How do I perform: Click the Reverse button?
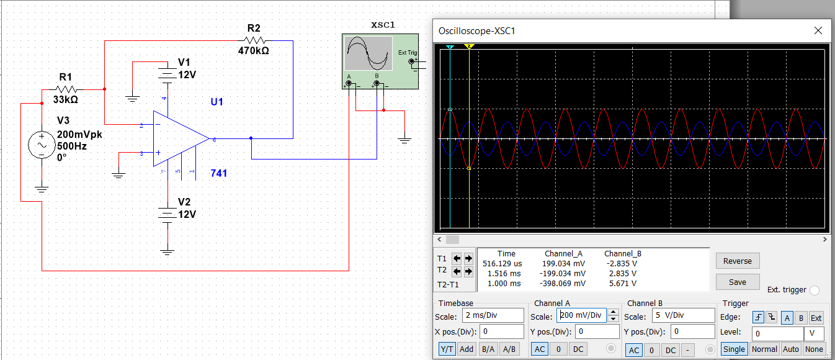pos(737,261)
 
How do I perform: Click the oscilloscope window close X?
pos(819,30)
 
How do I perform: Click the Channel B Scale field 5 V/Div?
pos(683,315)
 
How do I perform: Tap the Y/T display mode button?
pos(447,349)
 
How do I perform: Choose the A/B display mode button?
pos(509,349)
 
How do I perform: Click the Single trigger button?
pos(734,349)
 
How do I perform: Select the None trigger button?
pos(814,349)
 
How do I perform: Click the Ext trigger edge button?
pos(816,318)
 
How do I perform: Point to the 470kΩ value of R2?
pos(253,51)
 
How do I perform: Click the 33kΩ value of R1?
pos(65,99)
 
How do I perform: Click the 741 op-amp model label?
pos(218,173)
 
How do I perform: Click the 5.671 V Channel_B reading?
pos(622,284)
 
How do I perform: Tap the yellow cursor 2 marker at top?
pos(469,47)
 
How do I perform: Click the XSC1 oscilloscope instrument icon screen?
pos(368,53)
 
